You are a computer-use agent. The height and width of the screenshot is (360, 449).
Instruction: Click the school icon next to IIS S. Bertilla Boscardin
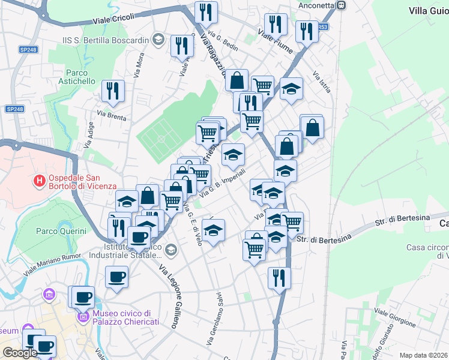point(158,40)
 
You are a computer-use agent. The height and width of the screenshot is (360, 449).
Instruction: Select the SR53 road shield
point(322,27)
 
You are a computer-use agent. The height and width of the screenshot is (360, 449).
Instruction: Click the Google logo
point(20,353)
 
